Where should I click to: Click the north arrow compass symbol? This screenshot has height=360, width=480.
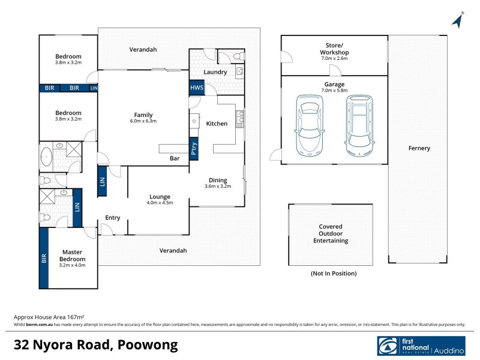pos(459,19)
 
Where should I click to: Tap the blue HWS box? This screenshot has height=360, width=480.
pos(196,88)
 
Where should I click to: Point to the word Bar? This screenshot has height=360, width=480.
pos(175,159)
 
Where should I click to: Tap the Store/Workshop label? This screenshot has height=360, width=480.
pos(334,49)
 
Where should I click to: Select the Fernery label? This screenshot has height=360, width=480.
pos(419,148)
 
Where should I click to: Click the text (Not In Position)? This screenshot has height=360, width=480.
pos(333,274)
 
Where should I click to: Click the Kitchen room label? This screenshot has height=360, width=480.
pos(217,124)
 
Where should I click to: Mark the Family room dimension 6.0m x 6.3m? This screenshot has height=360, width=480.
pos(143,121)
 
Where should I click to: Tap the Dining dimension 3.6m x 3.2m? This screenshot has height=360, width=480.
pos(217,186)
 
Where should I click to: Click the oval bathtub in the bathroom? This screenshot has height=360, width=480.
pos(48,157)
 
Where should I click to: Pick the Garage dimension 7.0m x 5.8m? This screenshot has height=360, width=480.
pos(334,91)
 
